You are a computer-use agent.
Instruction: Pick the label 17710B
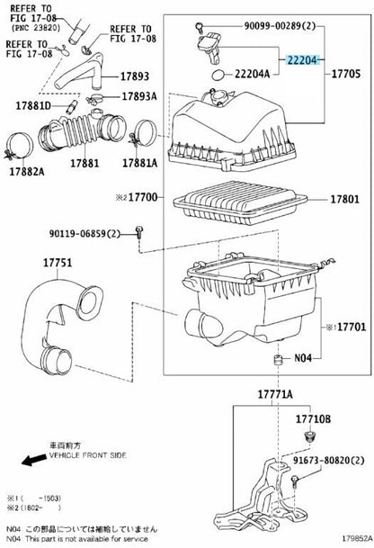coord(314,418)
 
